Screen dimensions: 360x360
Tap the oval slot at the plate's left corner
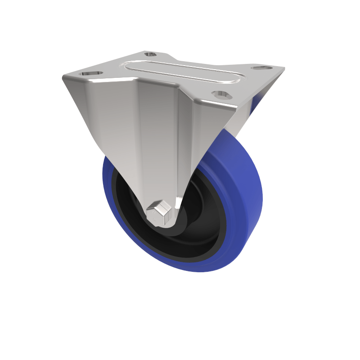pos(91,73)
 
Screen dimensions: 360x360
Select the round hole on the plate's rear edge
pos(150,54)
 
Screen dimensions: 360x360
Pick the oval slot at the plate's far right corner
pos(261,68)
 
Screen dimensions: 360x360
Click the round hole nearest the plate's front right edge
pos(221,94)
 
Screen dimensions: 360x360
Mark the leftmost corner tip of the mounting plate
pos(63,78)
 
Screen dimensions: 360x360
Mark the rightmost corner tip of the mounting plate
pos(284,68)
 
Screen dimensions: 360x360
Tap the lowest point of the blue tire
pos(202,271)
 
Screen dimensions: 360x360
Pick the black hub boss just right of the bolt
pos(180,220)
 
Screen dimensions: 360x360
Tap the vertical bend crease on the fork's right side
pos(189,135)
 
